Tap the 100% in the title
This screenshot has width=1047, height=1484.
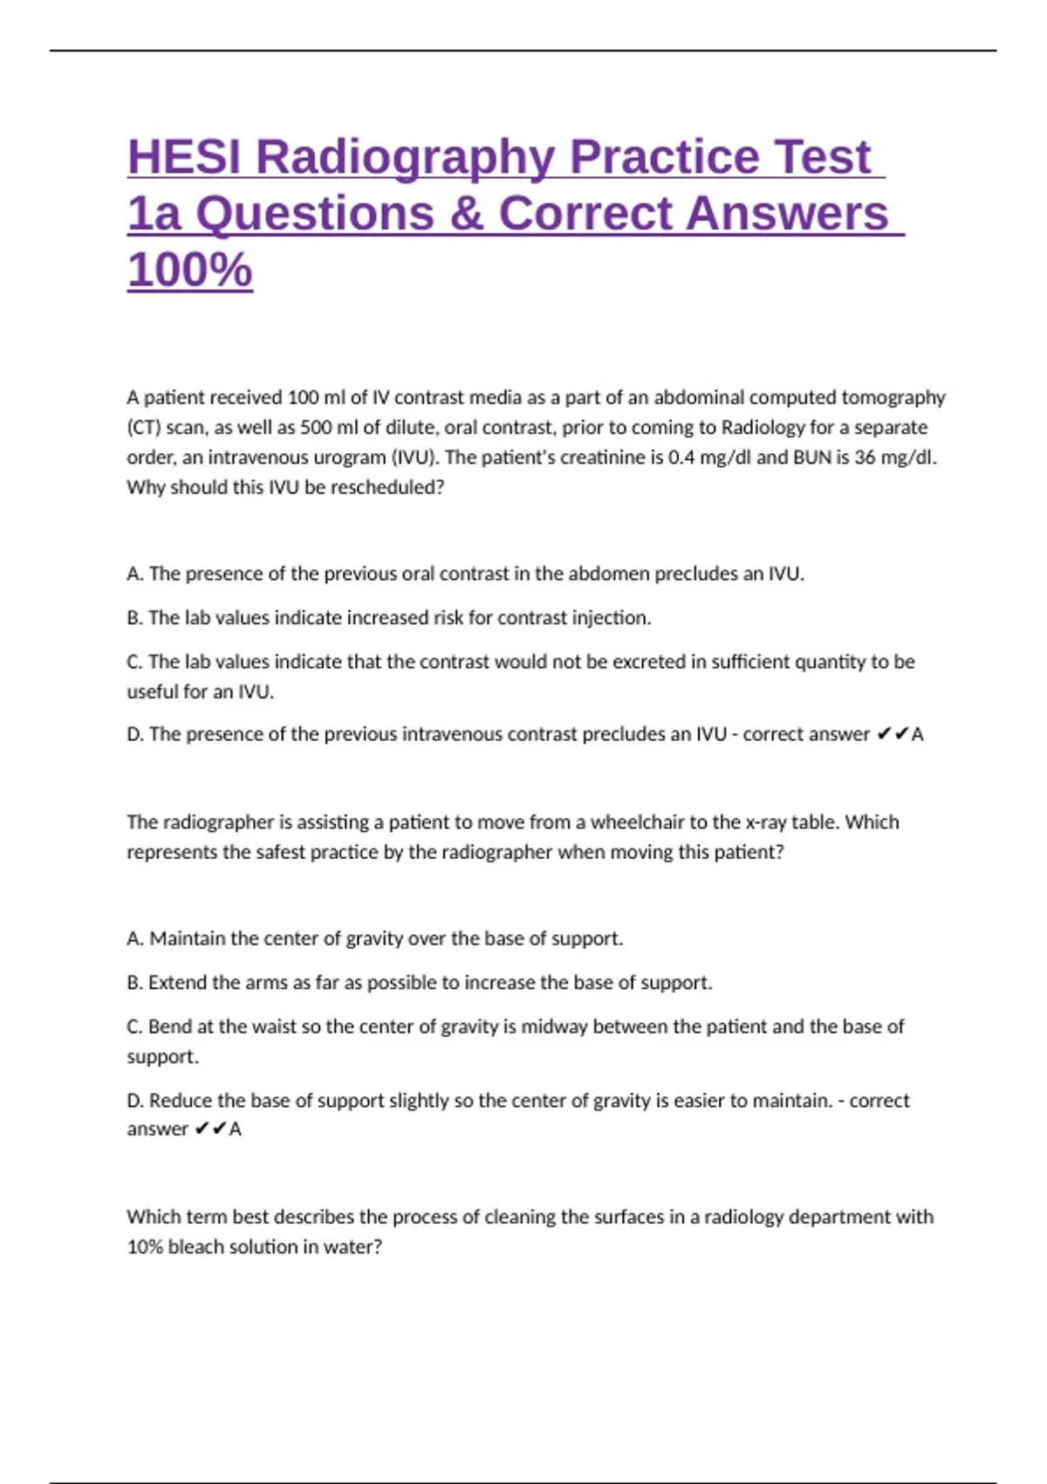tap(189, 269)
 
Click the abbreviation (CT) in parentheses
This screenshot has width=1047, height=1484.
tap(143, 428)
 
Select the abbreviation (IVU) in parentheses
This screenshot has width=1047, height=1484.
tap(414, 457)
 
